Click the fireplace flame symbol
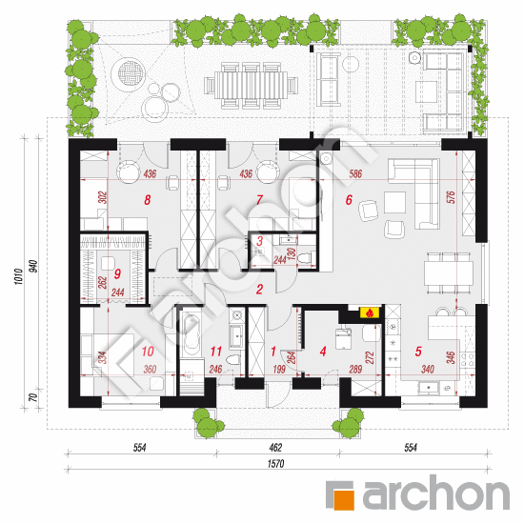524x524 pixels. (x=370, y=313)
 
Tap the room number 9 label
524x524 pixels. (x=117, y=274)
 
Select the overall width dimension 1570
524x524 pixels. (x=275, y=464)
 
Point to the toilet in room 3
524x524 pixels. (x=305, y=258)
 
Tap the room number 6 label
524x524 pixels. (x=349, y=200)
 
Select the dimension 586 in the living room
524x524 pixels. (x=355, y=173)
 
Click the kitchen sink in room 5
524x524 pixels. (x=429, y=388)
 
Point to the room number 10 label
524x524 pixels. (x=148, y=352)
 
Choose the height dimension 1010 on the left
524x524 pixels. (x=19, y=276)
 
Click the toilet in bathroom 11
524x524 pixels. (x=232, y=359)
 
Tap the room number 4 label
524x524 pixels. (x=323, y=352)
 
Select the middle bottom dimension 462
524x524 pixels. (x=275, y=447)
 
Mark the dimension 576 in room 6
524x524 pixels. (x=451, y=197)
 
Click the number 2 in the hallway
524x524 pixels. (x=260, y=289)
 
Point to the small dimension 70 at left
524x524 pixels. (x=32, y=397)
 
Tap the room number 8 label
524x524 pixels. (x=148, y=200)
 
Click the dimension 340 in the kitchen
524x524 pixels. (x=428, y=369)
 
